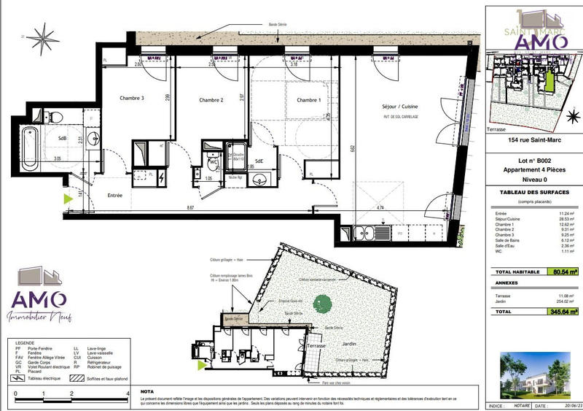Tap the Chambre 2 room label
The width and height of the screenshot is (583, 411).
(x=211, y=100)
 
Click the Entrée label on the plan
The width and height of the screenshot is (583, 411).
(x=115, y=196)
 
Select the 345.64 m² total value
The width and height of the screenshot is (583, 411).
(x=563, y=311)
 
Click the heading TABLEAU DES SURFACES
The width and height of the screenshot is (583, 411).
(x=533, y=192)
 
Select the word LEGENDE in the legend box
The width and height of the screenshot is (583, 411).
(x=23, y=342)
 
